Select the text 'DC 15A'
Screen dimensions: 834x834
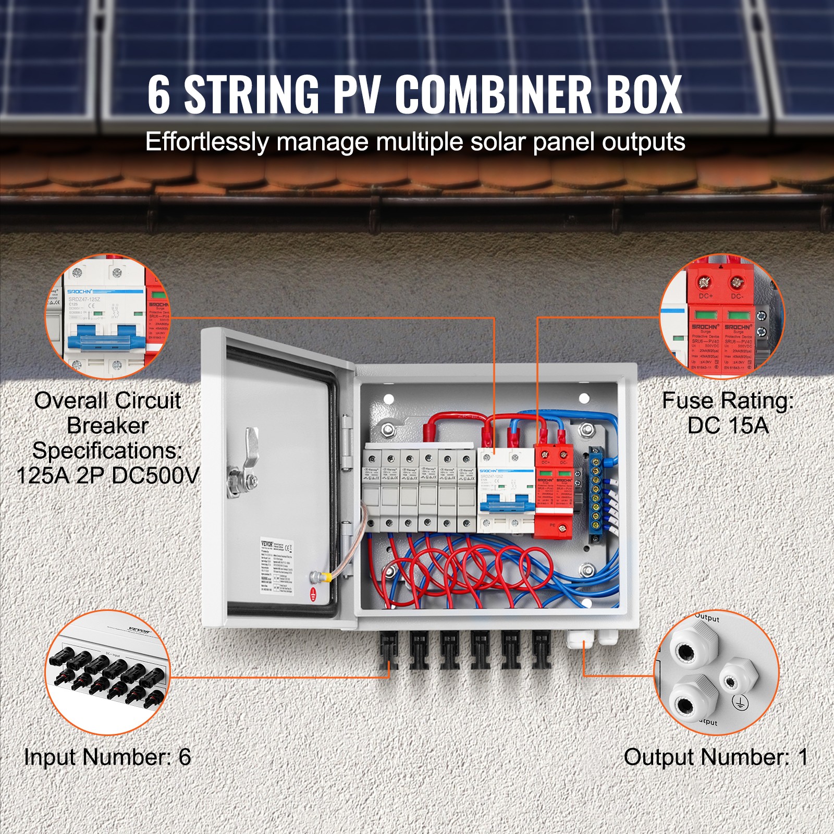[728, 426]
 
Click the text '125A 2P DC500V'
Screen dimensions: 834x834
[108, 475]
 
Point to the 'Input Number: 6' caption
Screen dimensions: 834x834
[107, 757]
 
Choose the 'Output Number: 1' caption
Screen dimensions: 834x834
[716, 757]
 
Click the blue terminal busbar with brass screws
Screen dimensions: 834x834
[595, 495]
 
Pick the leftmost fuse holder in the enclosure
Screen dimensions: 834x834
[372, 490]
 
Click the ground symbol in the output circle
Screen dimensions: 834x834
[739, 702]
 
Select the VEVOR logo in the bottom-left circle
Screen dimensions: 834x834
[138, 630]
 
